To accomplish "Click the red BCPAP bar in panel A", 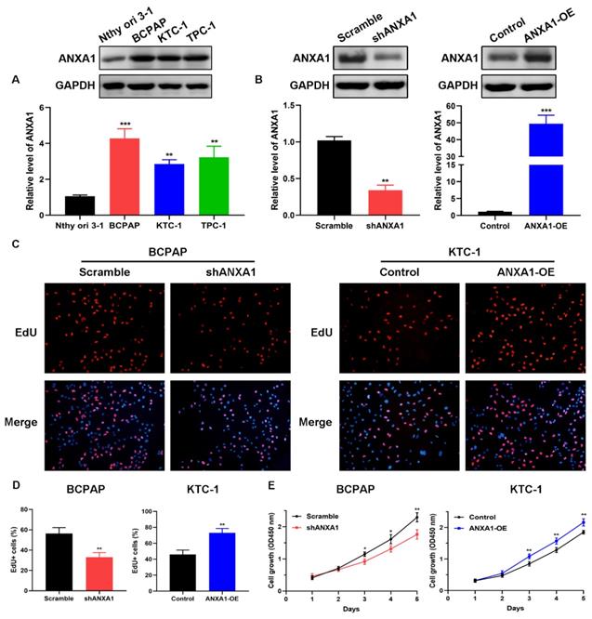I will click(x=137, y=177).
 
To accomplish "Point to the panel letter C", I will click(x=13, y=243).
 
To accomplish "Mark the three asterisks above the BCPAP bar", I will click(x=138, y=123).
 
